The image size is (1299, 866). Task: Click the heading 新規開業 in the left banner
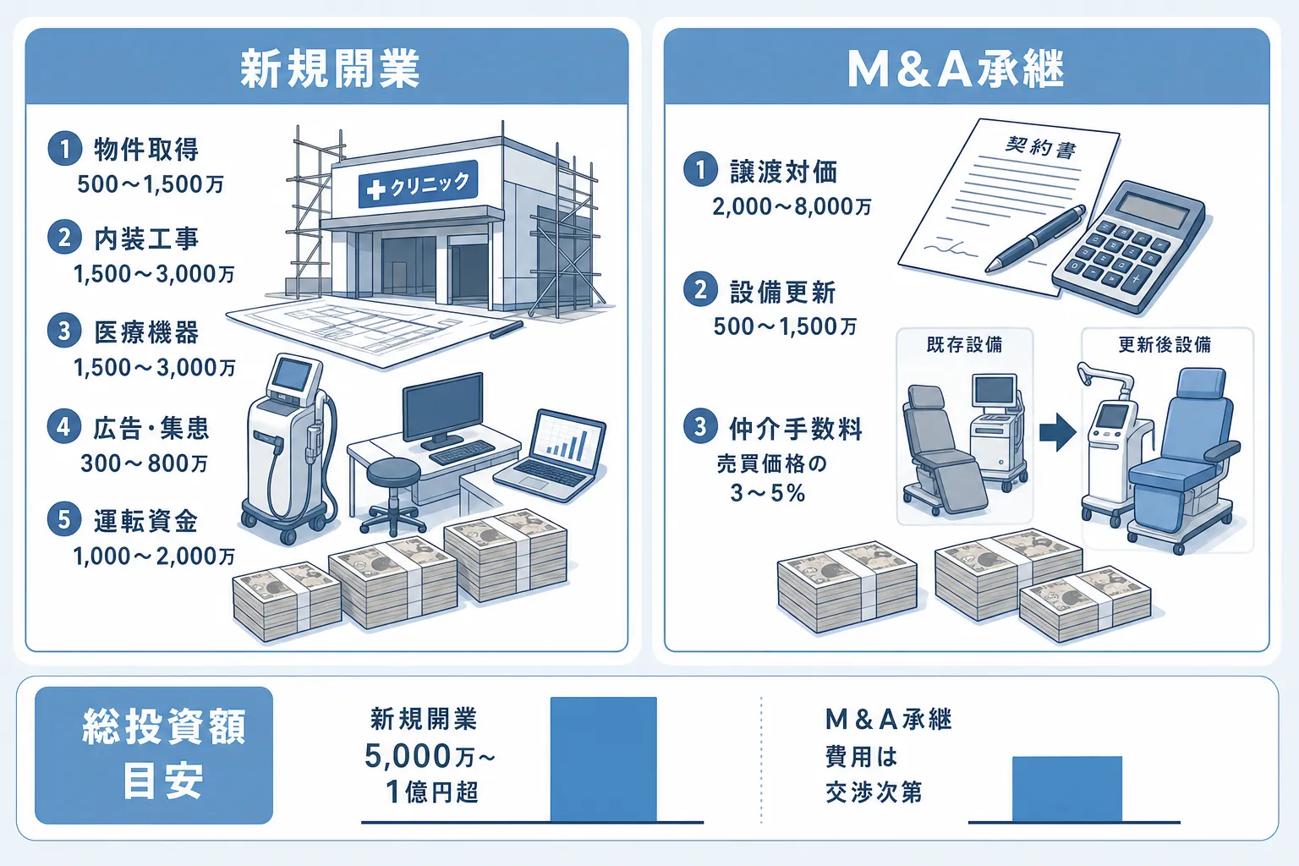[x=329, y=69]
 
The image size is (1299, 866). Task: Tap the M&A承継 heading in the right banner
[x=955, y=69]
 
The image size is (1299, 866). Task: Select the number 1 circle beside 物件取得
[x=64, y=149]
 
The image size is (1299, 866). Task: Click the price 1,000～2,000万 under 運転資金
[x=154, y=556]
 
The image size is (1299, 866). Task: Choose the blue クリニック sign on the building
[x=418, y=184]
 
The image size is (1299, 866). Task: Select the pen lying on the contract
[x=1036, y=238]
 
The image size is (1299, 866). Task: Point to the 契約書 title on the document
[x=1040, y=147]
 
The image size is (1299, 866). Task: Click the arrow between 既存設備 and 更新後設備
[x=1058, y=432]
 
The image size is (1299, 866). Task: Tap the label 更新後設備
[x=1165, y=344]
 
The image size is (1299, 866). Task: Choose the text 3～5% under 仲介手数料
[x=768, y=493]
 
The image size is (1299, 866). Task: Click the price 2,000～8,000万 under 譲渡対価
[x=792, y=206]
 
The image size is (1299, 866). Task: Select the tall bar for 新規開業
[x=603, y=759]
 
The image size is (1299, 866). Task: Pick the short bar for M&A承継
[x=1067, y=789]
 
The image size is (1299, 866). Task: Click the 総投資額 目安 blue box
[x=154, y=755]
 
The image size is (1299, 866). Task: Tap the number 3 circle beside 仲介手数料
[x=700, y=426]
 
